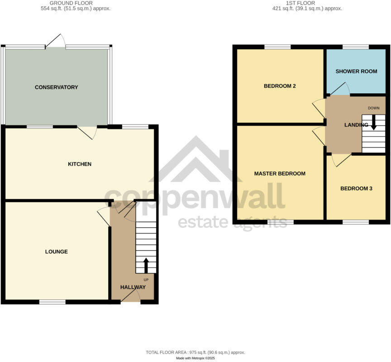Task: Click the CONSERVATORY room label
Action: (x=57, y=87)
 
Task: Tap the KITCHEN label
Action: (x=80, y=164)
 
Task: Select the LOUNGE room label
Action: (x=57, y=252)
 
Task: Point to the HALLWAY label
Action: (x=133, y=287)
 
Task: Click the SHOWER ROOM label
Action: (x=356, y=71)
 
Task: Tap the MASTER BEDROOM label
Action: (x=280, y=173)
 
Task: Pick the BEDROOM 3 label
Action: (x=356, y=188)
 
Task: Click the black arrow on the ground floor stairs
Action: (x=146, y=265)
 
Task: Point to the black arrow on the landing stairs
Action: (x=374, y=123)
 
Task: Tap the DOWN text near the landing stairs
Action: (x=374, y=108)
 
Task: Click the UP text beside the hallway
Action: (x=146, y=280)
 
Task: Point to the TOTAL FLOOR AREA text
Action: (x=195, y=352)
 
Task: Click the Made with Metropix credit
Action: (x=195, y=358)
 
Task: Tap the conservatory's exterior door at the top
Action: (x=56, y=41)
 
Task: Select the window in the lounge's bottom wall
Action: (x=52, y=301)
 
